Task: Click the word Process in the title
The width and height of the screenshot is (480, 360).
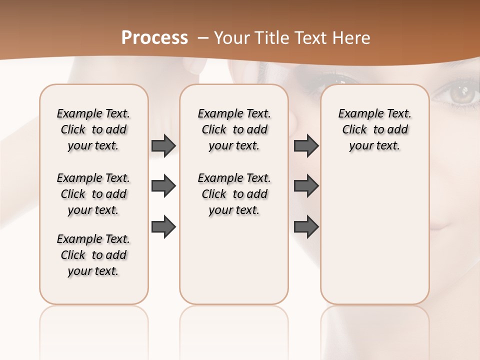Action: click(154, 38)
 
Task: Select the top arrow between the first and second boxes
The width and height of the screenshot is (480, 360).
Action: click(163, 146)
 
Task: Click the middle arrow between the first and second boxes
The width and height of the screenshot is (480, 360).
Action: click(163, 186)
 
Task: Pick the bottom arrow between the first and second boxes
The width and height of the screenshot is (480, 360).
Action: click(163, 227)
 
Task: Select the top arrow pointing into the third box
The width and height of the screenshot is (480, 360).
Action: click(306, 146)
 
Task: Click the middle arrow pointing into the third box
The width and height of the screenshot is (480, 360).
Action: click(306, 186)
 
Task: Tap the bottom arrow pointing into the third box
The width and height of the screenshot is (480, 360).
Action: click(306, 227)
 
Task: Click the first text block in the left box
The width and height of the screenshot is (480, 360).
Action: click(93, 129)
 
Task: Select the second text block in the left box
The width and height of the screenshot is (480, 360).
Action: click(93, 194)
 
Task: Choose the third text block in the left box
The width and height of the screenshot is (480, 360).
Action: click(93, 255)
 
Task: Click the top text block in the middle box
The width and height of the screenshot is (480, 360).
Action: click(234, 129)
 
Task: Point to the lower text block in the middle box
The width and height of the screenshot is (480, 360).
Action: click(234, 194)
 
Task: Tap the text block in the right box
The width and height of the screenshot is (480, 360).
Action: click(374, 129)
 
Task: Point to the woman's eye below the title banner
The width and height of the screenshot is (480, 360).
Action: click(339, 80)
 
